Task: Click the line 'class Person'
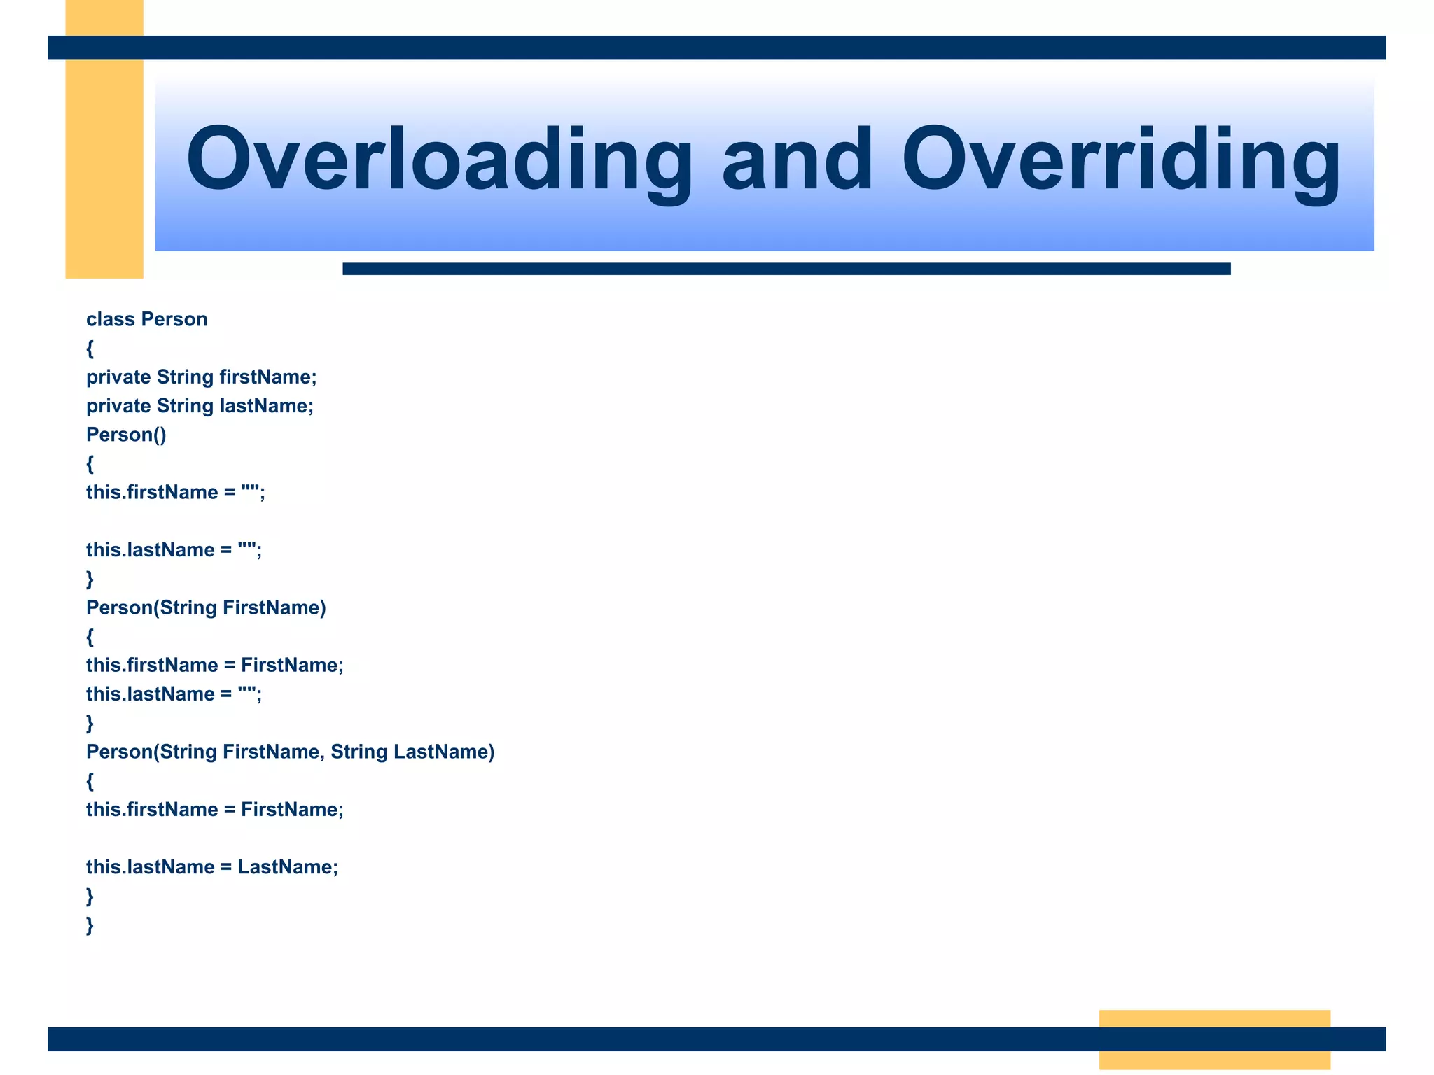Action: pyautogui.click(x=147, y=319)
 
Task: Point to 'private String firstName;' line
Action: pyautogui.click(x=202, y=377)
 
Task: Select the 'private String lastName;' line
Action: pyautogui.click(x=200, y=406)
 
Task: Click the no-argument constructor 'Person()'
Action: pyautogui.click(x=126, y=435)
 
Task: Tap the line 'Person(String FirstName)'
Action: pyautogui.click(x=206, y=607)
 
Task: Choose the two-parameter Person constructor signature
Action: pyautogui.click(x=290, y=752)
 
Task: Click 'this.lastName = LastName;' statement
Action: pyautogui.click(x=212, y=867)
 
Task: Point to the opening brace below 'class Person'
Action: pyautogui.click(x=90, y=349)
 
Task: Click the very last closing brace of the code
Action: pyautogui.click(x=90, y=925)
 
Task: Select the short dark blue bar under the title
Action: pyautogui.click(x=786, y=269)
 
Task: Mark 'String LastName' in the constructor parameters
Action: pyautogui.click(x=412, y=752)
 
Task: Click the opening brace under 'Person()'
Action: pyautogui.click(x=90, y=464)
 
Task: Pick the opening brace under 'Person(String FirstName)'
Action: pyautogui.click(x=90, y=637)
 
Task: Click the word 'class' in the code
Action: pyautogui.click(x=111, y=319)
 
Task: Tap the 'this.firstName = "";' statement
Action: pyautogui.click(x=176, y=493)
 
